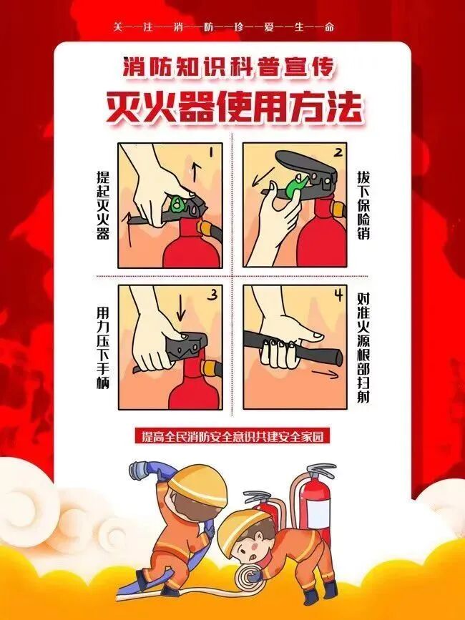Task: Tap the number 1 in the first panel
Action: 212,152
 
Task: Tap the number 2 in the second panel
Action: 338,152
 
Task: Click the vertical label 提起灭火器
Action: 103,205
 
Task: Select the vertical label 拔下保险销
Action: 363,205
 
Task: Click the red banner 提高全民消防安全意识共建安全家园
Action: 232,436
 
